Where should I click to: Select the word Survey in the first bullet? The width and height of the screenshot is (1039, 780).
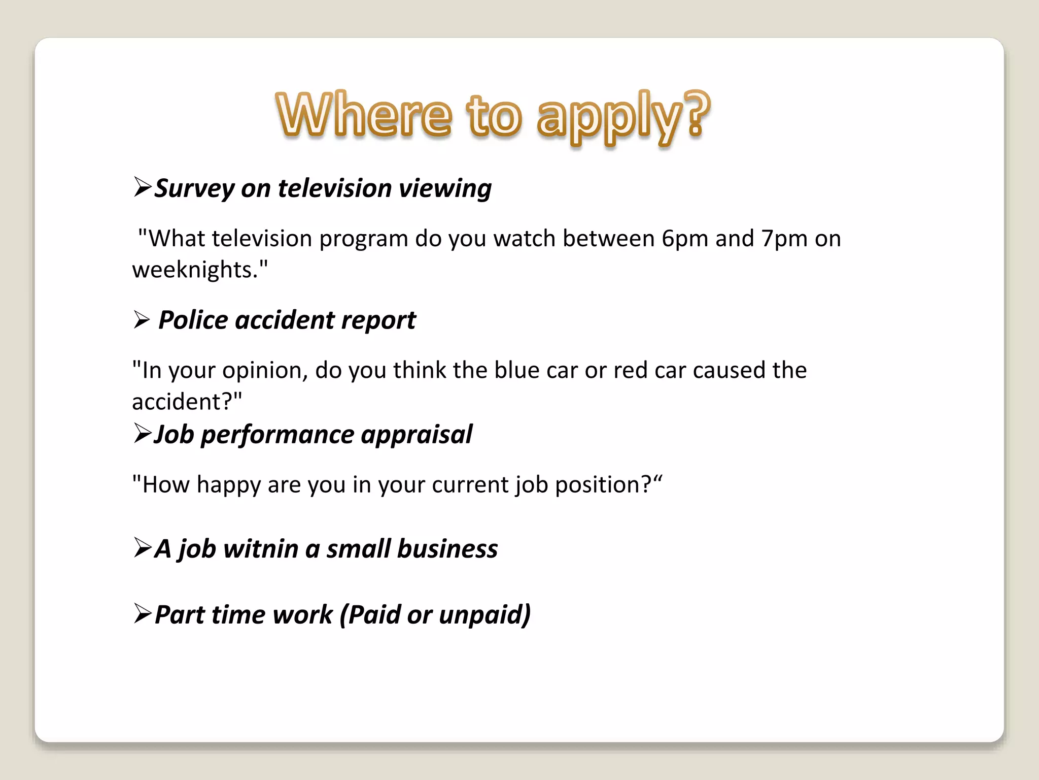point(194,189)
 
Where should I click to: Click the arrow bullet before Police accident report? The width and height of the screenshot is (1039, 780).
point(142,320)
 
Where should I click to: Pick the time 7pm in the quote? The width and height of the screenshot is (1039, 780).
point(784,239)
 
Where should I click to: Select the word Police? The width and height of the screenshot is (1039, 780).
point(193,320)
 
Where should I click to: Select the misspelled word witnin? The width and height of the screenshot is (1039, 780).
point(260,549)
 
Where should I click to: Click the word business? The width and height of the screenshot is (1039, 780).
point(447,549)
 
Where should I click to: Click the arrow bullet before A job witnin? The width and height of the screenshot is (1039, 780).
point(143,548)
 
